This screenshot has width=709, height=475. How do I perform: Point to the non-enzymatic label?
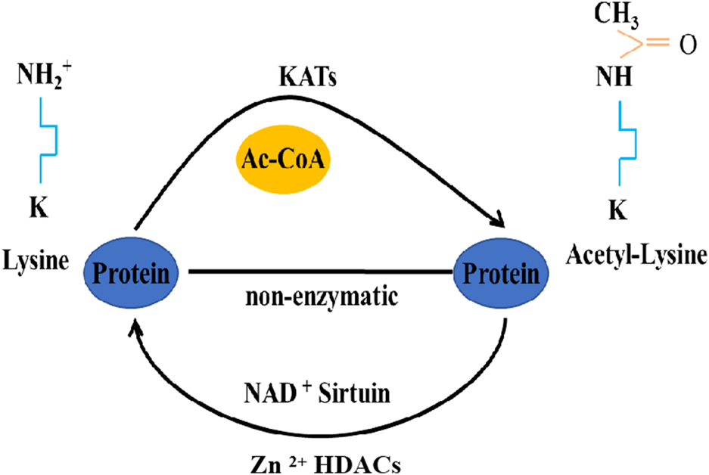321,296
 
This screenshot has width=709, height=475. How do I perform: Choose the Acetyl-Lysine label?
636,255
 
